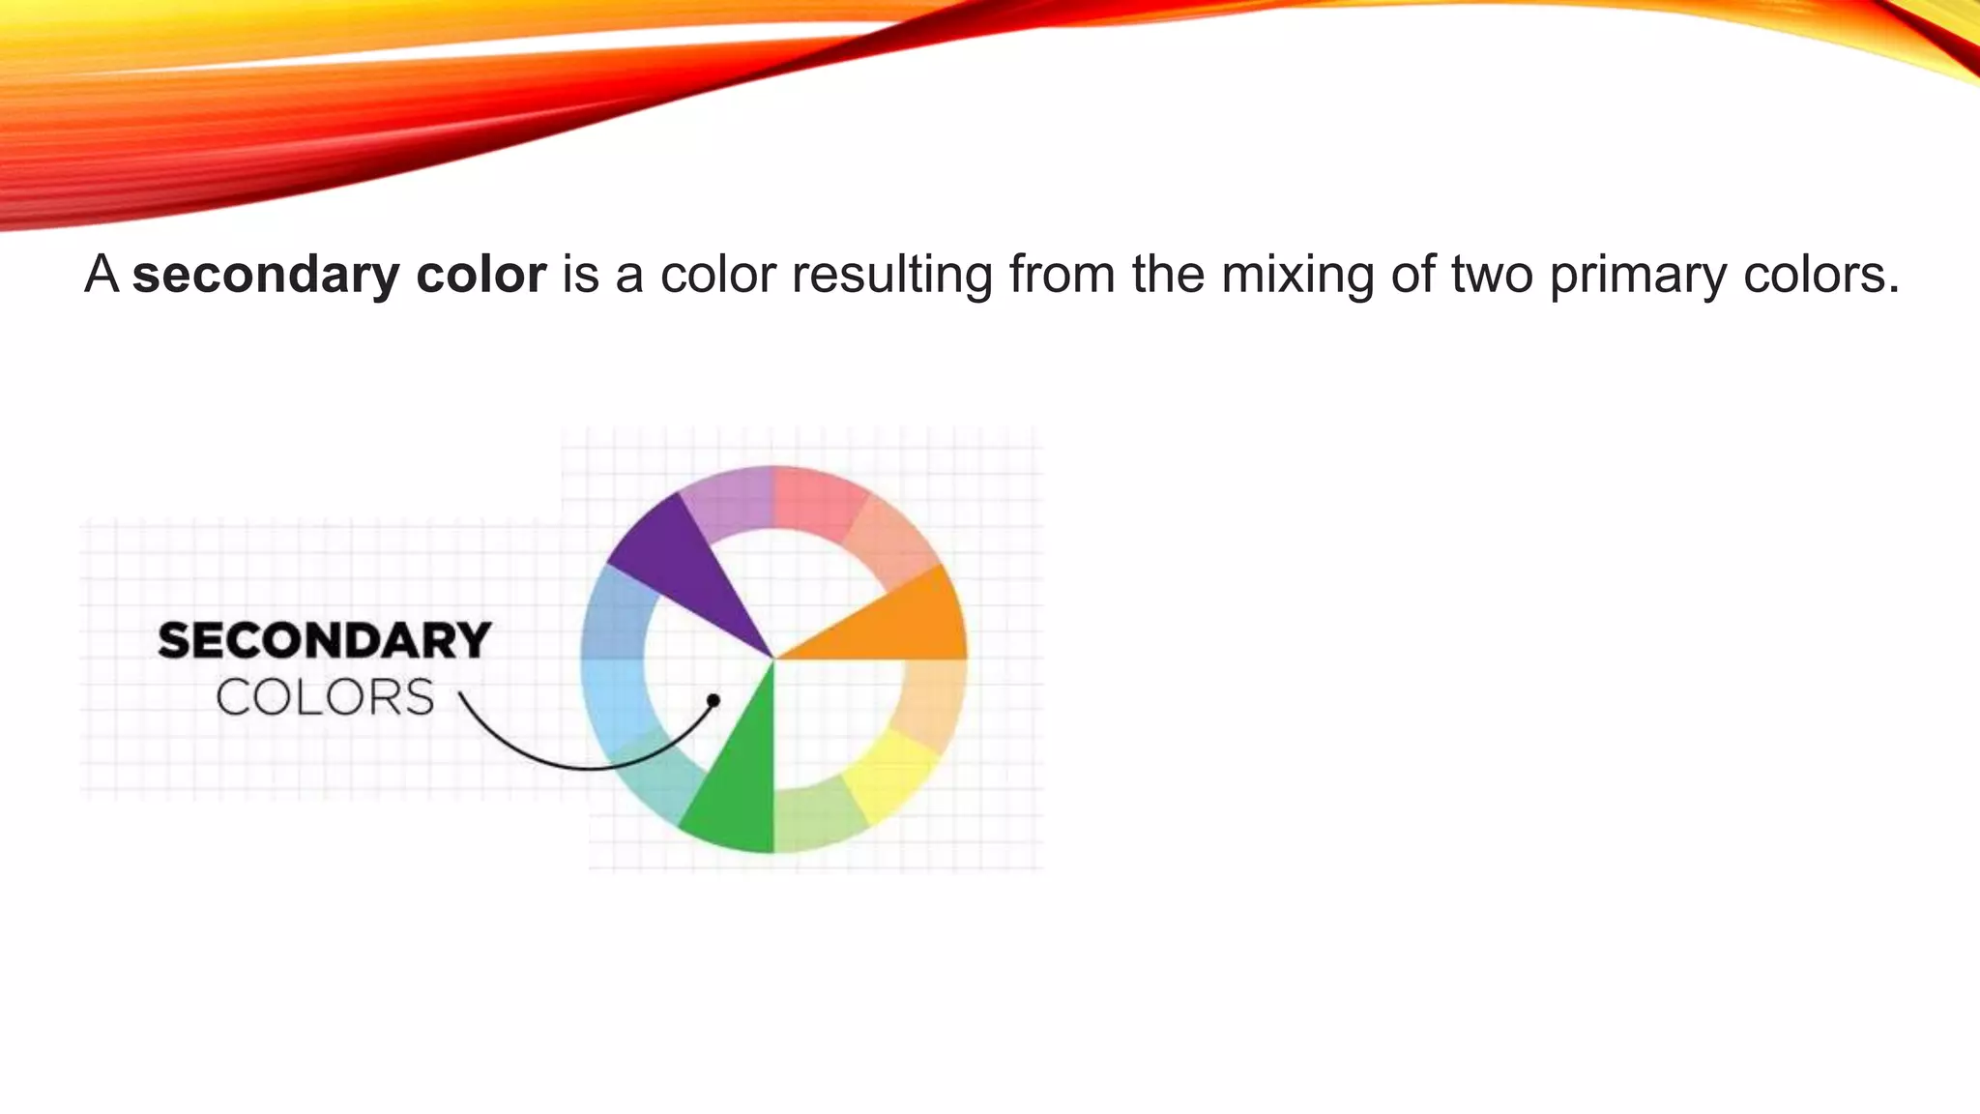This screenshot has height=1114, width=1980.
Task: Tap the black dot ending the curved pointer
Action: pos(713,699)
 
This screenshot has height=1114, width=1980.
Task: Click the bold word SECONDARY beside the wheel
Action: pos(325,641)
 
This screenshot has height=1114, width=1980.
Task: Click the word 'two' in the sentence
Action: pos(1492,275)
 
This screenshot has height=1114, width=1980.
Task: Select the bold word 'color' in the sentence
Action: pos(480,275)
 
